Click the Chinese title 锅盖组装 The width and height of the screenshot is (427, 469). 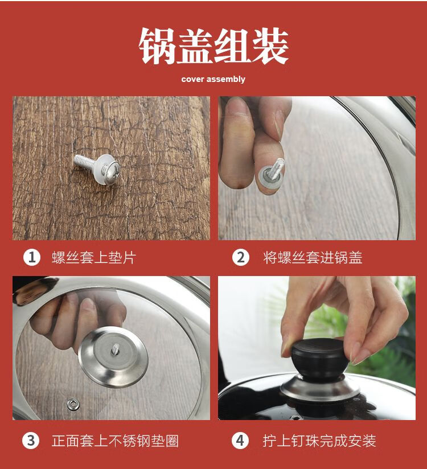click(213, 46)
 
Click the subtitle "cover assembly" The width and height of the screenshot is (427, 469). click(213, 79)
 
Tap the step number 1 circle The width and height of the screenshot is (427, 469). click(32, 257)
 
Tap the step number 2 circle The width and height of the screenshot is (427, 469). click(241, 257)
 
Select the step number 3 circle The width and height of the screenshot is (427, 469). click(31, 441)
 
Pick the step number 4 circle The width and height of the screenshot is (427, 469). click(240, 441)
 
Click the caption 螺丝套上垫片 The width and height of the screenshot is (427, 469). click(94, 257)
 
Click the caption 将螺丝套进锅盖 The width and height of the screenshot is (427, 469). click(313, 257)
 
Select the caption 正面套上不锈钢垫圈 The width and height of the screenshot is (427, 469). click(115, 441)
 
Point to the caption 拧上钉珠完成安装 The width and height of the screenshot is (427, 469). click(319, 441)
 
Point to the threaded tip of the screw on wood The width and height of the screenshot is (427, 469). click(77, 159)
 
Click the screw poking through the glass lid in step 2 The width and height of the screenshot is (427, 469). click(276, 169)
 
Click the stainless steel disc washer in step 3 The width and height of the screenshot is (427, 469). click(113, 357)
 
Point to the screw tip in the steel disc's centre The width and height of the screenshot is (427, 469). click(116, 349)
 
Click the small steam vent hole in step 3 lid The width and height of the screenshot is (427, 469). click(73, 404)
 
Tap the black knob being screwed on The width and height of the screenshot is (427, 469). click(320, 359)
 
